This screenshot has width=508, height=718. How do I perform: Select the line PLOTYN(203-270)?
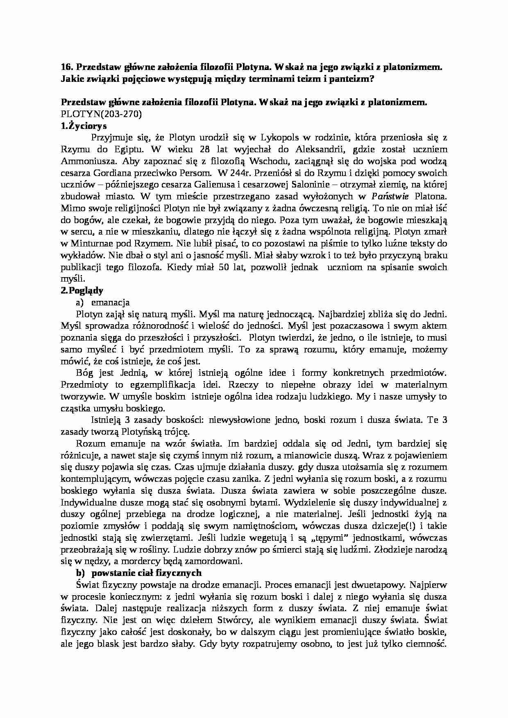point(101,114)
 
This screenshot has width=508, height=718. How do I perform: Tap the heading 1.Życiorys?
point(84,126)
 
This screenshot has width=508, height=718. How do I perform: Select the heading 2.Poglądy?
point(82,291)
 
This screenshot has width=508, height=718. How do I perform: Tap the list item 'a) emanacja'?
point(102,303)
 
